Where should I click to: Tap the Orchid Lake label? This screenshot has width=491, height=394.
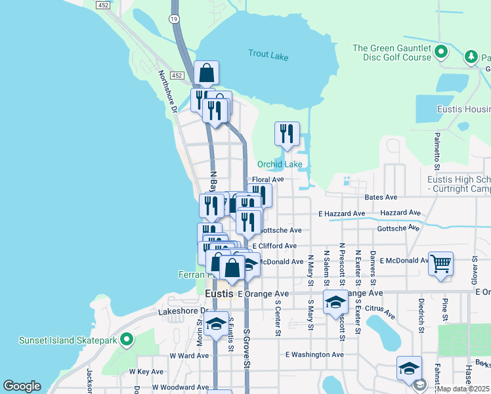[x=280, y=164]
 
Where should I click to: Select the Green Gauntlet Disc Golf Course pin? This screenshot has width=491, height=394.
[x=441, y=51]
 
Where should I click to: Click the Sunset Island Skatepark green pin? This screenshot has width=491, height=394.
[x=127, y=340]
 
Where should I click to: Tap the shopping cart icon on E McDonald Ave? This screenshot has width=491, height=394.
[x=441, y=263]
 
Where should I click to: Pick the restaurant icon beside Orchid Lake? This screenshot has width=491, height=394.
[x=287, y=134]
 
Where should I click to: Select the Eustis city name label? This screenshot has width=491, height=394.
[x=219, y=294]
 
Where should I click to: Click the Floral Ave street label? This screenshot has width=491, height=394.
[x=268, y=179]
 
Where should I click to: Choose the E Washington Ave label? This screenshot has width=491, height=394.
[x=314, y=355]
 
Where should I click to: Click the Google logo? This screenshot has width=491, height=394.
[x=22, y=386]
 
